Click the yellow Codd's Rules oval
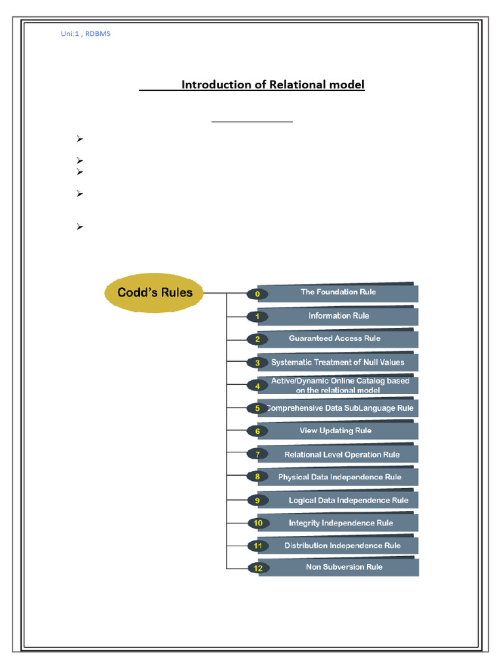pyautogui.click(x=155, y=292)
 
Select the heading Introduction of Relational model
pyautogui.click(x=272, y=85)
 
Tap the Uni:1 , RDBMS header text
pyautogui.click(x=86, y=33)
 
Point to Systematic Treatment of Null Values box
pyautogui.click(x=338, y=362)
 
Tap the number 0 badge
pyautogui.click(x=257, y=294)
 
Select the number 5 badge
pyautogui.click(x=257, y=408)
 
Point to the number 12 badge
pyautogui.click(x=258, y=568)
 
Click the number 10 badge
pyautogui.click(x=258, y=523)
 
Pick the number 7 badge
pyautogui.click(x=257, y=454)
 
